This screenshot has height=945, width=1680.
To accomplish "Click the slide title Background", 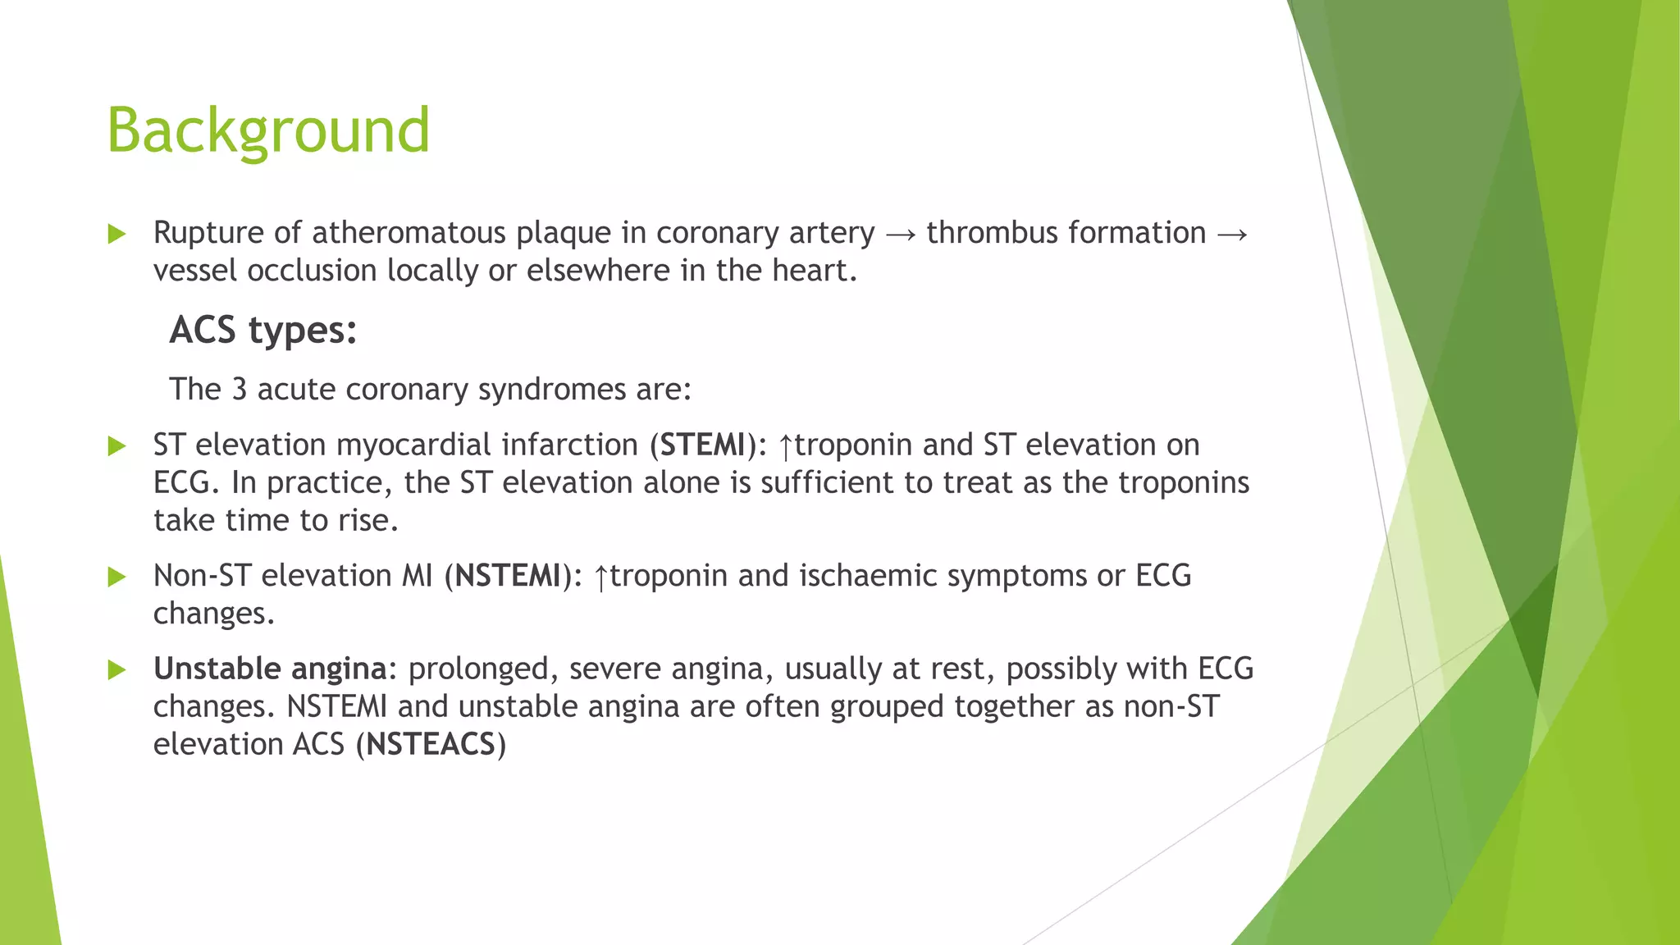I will click(268, 130).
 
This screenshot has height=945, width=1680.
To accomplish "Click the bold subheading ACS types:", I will click(262, 331).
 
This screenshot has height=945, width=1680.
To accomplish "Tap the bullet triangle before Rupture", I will click(117, 235).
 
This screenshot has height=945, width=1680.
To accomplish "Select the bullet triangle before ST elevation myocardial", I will click(117, 446).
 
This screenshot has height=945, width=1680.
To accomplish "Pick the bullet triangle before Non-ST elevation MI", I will click(117, 577).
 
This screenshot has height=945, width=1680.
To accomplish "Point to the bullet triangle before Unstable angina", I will click(117, 671).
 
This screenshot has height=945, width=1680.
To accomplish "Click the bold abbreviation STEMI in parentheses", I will click(702, 445).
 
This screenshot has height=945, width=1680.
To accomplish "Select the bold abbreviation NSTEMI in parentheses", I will click(508, 576).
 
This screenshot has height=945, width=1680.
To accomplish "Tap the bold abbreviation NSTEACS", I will click(431, 745).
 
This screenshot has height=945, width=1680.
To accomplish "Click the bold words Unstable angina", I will click(270, 669).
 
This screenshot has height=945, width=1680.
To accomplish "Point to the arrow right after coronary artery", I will click(901, 235).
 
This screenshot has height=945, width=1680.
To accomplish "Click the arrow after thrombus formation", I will click(1232, 235).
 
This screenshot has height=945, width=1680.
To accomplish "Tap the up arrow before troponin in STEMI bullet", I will click(785, 447).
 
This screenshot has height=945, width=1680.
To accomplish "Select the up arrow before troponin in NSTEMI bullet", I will click(600, 578).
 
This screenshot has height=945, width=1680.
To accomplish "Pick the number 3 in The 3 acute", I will click(239, 389).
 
